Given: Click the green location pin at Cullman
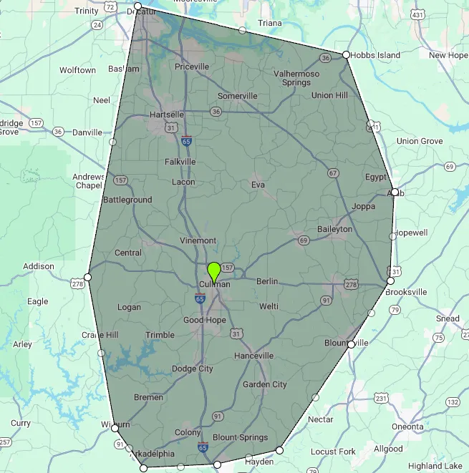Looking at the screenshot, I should (213, 272).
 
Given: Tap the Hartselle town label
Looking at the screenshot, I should (167, 114).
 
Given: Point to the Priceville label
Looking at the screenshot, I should (191, 67).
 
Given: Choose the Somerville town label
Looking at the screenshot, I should (237, 96).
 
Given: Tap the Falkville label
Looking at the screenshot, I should (180, 162).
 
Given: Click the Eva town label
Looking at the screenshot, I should (258, 185).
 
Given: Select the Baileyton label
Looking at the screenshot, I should (335, 229).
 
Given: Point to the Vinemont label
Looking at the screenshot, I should (198, 240).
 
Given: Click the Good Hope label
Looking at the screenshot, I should (205, 320).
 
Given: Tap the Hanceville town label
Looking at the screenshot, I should (253, 356).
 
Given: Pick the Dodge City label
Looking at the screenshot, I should (193, 369).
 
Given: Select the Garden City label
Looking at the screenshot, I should (265, 384).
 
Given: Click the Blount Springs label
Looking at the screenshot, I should (241, 437).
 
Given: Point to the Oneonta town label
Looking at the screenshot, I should (407, 426).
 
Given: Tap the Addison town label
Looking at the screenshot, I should (39, 266).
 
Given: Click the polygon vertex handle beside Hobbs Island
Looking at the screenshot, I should (346, 54).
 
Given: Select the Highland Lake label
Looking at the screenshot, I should (435, 466).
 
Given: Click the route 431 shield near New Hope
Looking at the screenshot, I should (417, 14).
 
